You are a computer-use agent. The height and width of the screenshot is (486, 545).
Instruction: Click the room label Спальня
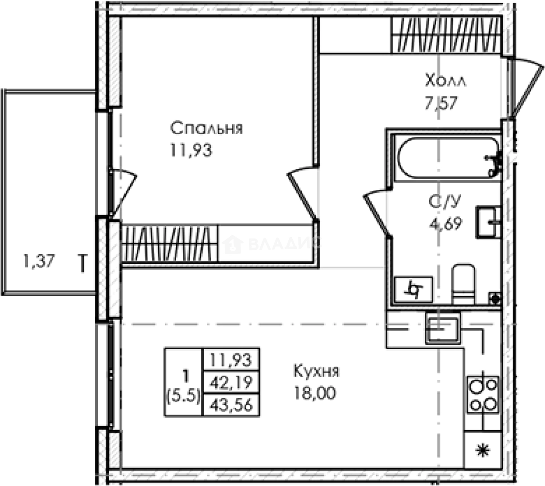point(206,128)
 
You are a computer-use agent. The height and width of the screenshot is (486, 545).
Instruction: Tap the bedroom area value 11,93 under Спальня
point(191,150)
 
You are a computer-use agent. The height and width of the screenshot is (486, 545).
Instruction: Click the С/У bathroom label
point(445,202)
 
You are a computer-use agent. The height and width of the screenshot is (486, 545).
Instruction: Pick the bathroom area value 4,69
point(445,223)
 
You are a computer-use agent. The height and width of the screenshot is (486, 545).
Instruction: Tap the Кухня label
point(316,372)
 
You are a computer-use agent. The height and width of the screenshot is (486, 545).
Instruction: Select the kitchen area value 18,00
point(315,393)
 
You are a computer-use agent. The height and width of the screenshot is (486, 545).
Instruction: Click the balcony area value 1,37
point(39,261)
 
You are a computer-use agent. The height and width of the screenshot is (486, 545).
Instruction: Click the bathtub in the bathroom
point(446,158)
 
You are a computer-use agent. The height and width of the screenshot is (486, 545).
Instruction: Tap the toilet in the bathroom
point(463,284)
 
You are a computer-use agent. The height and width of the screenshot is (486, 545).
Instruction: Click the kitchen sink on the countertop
point(442,329)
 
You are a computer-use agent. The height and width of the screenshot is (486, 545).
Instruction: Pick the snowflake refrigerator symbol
point(483,450)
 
